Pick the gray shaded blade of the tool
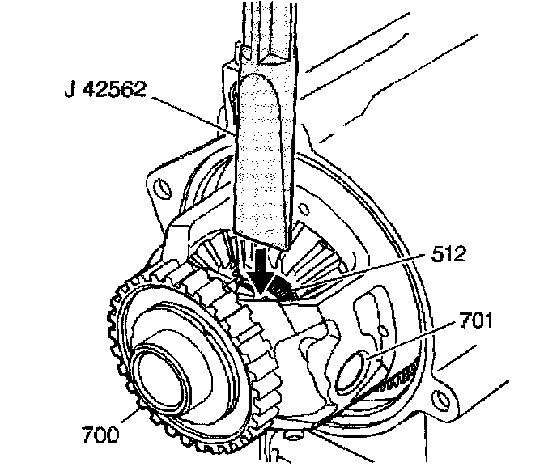click(265, 154)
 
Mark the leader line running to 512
click(364, 274)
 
